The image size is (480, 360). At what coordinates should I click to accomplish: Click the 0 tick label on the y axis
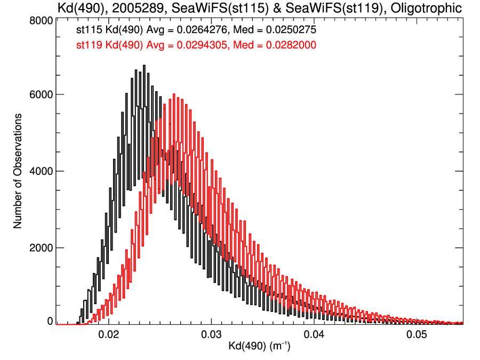tap(49, 321)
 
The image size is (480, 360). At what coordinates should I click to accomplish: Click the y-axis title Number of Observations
tap(18, 171)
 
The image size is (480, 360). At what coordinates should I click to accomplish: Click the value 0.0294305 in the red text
tap(204, 45)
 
